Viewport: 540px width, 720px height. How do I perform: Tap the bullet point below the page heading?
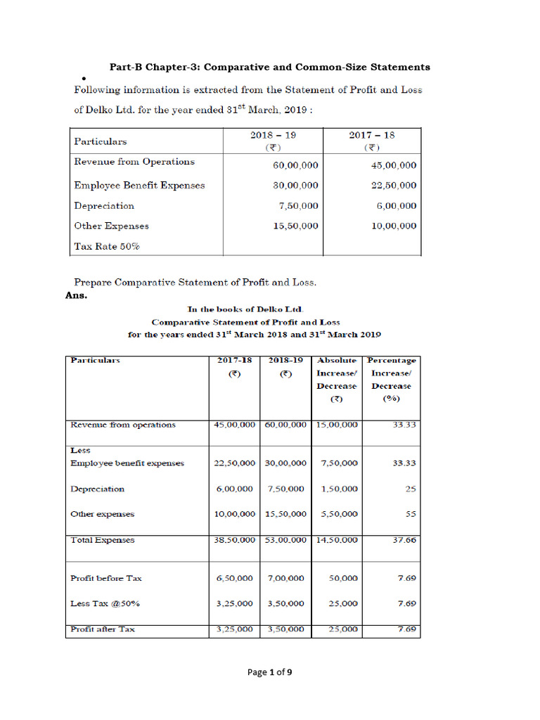pyautogui.click(x=74, y=78)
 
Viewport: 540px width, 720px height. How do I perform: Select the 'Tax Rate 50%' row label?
pyautogui.click(x=107, y=247)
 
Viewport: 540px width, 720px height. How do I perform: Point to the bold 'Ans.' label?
pyautogui.click(x=76, y=295)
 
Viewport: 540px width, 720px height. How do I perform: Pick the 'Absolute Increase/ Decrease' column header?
pyautogui.click(x=336, y=380)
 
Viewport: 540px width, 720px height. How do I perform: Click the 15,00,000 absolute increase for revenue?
pyautogui.click(x=334, y=425)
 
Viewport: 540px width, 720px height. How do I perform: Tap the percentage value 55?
pyautogui.click(x=409, y=514)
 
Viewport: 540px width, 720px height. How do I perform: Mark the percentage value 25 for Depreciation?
pyautogui.click(x=410, y=489)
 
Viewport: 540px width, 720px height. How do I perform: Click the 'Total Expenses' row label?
pyautogui.click(x=103, y=541)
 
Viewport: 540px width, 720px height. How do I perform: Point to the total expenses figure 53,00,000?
pyautogui.click(x=285, y=541)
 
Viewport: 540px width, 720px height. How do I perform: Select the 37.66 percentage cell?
pyautogui.click(x=404, y=541)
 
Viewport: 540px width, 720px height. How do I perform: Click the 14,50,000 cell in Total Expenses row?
pyautogui.click(x=334, y=541)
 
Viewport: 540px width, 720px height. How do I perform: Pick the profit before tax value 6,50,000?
pyautogui.click(x=235, y=579)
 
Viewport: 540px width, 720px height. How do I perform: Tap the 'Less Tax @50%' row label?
pyautogui.click(x=106, y=603)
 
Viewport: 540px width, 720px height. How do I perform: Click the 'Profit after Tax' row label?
pyautogui.click(x=103, y=629)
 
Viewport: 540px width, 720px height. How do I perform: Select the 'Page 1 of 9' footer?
pyautogui.click(x=269, y=672)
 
